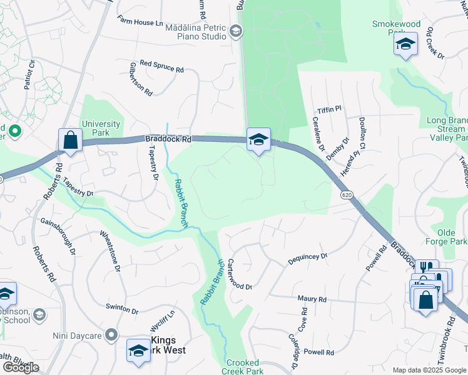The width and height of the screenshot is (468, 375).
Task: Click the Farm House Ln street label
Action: coord(141,22)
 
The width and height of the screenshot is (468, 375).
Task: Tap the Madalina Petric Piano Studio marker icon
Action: coord(236,31)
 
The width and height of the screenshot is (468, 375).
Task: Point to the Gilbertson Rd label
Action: coord(141,78)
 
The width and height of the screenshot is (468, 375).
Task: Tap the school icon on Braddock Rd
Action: coord(258,140)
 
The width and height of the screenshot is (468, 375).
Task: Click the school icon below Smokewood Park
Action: coord(405,44)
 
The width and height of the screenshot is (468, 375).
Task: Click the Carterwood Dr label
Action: coord(239,275)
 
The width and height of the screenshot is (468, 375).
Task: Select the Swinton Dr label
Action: coord(121,309)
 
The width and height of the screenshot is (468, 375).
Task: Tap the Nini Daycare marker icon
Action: coord(111,336)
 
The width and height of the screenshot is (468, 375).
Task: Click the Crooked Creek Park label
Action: coord(243,367)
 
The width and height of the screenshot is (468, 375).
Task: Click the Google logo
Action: coord(21,367)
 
